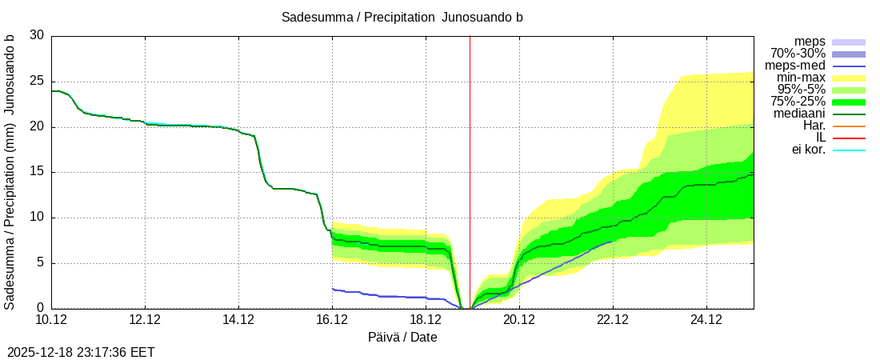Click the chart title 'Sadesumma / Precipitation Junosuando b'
pyautogui.click(x=402, y=18)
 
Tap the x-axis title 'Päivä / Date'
pyautogui.click(x=402, y=338)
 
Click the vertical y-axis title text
pyautogui.click(x=10, y=172)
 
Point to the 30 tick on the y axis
pyautogui.click(x=37, y=36)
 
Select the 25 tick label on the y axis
pyautogui.click(x=37, y=82)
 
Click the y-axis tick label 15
pyautogui.click(x=37, y=172)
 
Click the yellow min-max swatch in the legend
pyautogui.click(x=849, y=78)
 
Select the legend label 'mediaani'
pyautogui.click(x=799, y=114)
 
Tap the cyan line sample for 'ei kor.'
pyautogui.click(x=849, y=150)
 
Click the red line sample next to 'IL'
pyautogui.click(x=849, y=138)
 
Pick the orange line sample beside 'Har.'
pyautogui.click(x=849, y=126)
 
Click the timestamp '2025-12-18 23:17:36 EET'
pyautogui.click(x=81, y=352)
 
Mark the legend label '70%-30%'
pyautogui.click(x=798, y=54)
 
